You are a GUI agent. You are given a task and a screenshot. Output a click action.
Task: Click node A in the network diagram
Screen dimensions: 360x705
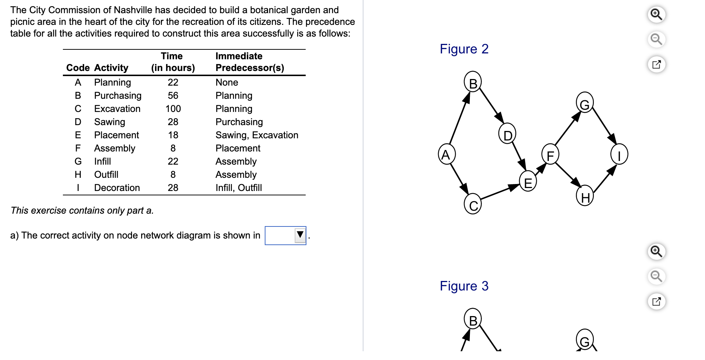click(446, 154)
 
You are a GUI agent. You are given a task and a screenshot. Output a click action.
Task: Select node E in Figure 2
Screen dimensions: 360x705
click(528, 182)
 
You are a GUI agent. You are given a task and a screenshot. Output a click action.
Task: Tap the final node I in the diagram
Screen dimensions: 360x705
click(619, 154)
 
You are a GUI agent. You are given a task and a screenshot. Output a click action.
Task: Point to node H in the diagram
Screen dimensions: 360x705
click(585, 196)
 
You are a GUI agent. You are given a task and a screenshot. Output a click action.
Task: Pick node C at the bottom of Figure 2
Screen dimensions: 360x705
click(473, 205)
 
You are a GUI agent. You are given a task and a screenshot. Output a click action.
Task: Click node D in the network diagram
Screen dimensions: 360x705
click(507, 134)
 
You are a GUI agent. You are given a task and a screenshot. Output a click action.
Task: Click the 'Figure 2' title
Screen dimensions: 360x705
click(464, 49)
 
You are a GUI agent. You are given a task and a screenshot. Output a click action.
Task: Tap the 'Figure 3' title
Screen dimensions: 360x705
click(464, 286)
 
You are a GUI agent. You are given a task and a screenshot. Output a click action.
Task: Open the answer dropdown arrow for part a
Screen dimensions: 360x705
click(300, 235)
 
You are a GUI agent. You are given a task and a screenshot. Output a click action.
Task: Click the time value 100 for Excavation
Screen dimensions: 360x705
click(173, 109)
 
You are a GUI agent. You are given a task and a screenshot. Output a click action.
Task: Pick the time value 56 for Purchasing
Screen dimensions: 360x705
click(173, 96)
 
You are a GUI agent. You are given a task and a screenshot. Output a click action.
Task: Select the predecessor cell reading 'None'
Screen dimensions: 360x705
click(227, 83)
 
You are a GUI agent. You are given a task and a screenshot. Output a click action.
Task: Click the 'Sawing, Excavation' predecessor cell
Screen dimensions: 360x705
click(257, 135)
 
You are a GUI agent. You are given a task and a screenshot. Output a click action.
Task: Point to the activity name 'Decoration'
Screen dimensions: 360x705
click(117, 188)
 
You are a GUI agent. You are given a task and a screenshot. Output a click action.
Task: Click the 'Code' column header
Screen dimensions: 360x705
click(78, 68)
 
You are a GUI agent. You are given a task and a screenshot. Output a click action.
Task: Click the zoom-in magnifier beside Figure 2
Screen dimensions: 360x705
click(656, 15)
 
